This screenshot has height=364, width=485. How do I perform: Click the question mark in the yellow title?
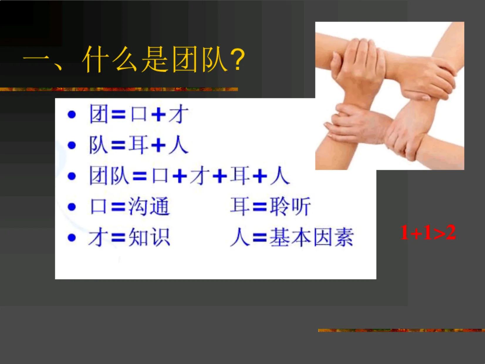click(x=237, y=60)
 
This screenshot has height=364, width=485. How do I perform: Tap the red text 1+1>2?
click(x=428, y=232)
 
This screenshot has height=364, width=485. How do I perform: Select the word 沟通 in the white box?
click(x=149, y=207)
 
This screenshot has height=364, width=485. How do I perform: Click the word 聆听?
click(x=290, y=207)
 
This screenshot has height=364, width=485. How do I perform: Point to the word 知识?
click(x=149, y=237)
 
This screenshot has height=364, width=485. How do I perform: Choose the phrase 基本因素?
click(x=311, y=237)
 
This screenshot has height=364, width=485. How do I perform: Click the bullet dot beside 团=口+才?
click(x=72, y=114)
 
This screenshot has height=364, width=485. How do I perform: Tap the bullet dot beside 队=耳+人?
click(x=72, y=145)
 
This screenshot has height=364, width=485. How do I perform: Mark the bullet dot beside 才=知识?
click(x=72, y=237)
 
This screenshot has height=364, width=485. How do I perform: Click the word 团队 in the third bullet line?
click(x=109, y=176)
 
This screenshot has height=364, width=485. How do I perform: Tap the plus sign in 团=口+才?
click(x=159, y=115)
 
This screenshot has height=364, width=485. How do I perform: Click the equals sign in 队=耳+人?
click(x=118, y=145)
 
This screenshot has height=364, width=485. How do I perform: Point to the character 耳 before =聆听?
click(x=239, y=207)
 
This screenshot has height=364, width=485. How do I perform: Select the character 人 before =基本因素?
click(x=239, y=237)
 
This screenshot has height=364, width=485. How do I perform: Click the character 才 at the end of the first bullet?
click(x=178, y=114)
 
